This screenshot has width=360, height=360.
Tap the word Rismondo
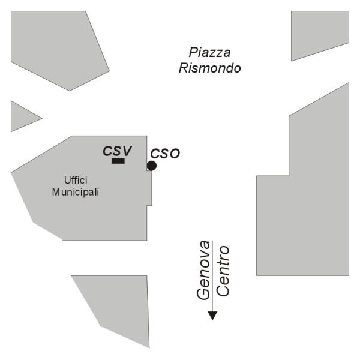pos(210,68)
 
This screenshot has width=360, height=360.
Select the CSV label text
pos(117,151)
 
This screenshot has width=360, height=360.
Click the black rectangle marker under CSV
pos(118,161)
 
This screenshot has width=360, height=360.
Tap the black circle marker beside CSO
pos(152,165)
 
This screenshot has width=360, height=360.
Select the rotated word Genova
pos(204,269)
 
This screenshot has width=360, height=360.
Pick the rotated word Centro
pos(223,271)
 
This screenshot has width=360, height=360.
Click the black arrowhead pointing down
pos(212,316)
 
